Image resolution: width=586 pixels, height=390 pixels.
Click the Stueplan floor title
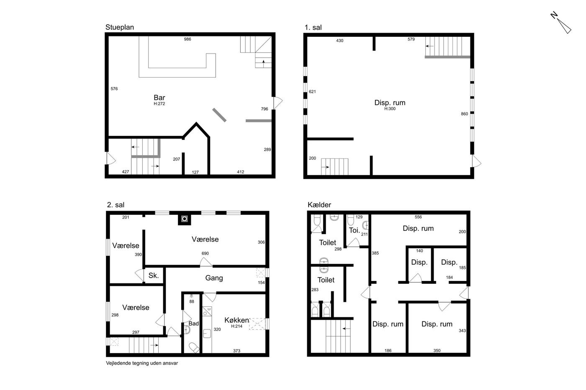click(x=120, y=28)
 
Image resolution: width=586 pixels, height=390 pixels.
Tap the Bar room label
click(x=159, y=98)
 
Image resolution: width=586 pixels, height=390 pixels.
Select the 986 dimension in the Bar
click(x=188, y=39)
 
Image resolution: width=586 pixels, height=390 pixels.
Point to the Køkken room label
click(x=236, y=320)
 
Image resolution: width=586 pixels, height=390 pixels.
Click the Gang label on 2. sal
click(x=214, y=278)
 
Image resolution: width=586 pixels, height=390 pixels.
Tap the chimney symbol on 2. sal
click(x=185, y=219)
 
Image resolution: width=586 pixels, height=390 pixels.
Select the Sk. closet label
click(x=154, y=275)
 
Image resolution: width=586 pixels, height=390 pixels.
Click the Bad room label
click(x=193, y=324)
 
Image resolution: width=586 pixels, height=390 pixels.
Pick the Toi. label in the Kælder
click(x=355, y=230)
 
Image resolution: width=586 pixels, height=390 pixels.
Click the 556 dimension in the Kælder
click(x=418, y=217)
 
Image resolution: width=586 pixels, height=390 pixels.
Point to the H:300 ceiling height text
click(x=390, y=109)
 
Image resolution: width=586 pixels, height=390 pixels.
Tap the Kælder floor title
click(x=319, y=205)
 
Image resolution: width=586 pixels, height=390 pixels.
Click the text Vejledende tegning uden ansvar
click(x=142, y=363)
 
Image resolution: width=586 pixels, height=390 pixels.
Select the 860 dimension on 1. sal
click(x=464, y=114)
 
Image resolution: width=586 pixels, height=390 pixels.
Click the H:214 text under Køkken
click(x=236, y=326)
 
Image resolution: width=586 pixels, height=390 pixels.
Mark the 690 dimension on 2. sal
click(x=205, y=253)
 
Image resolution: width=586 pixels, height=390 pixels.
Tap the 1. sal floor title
click(x=313, y=28)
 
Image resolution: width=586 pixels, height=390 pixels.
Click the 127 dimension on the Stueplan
click(x=195, y=172)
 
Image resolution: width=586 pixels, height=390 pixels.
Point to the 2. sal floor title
click(x=116, y=205)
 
